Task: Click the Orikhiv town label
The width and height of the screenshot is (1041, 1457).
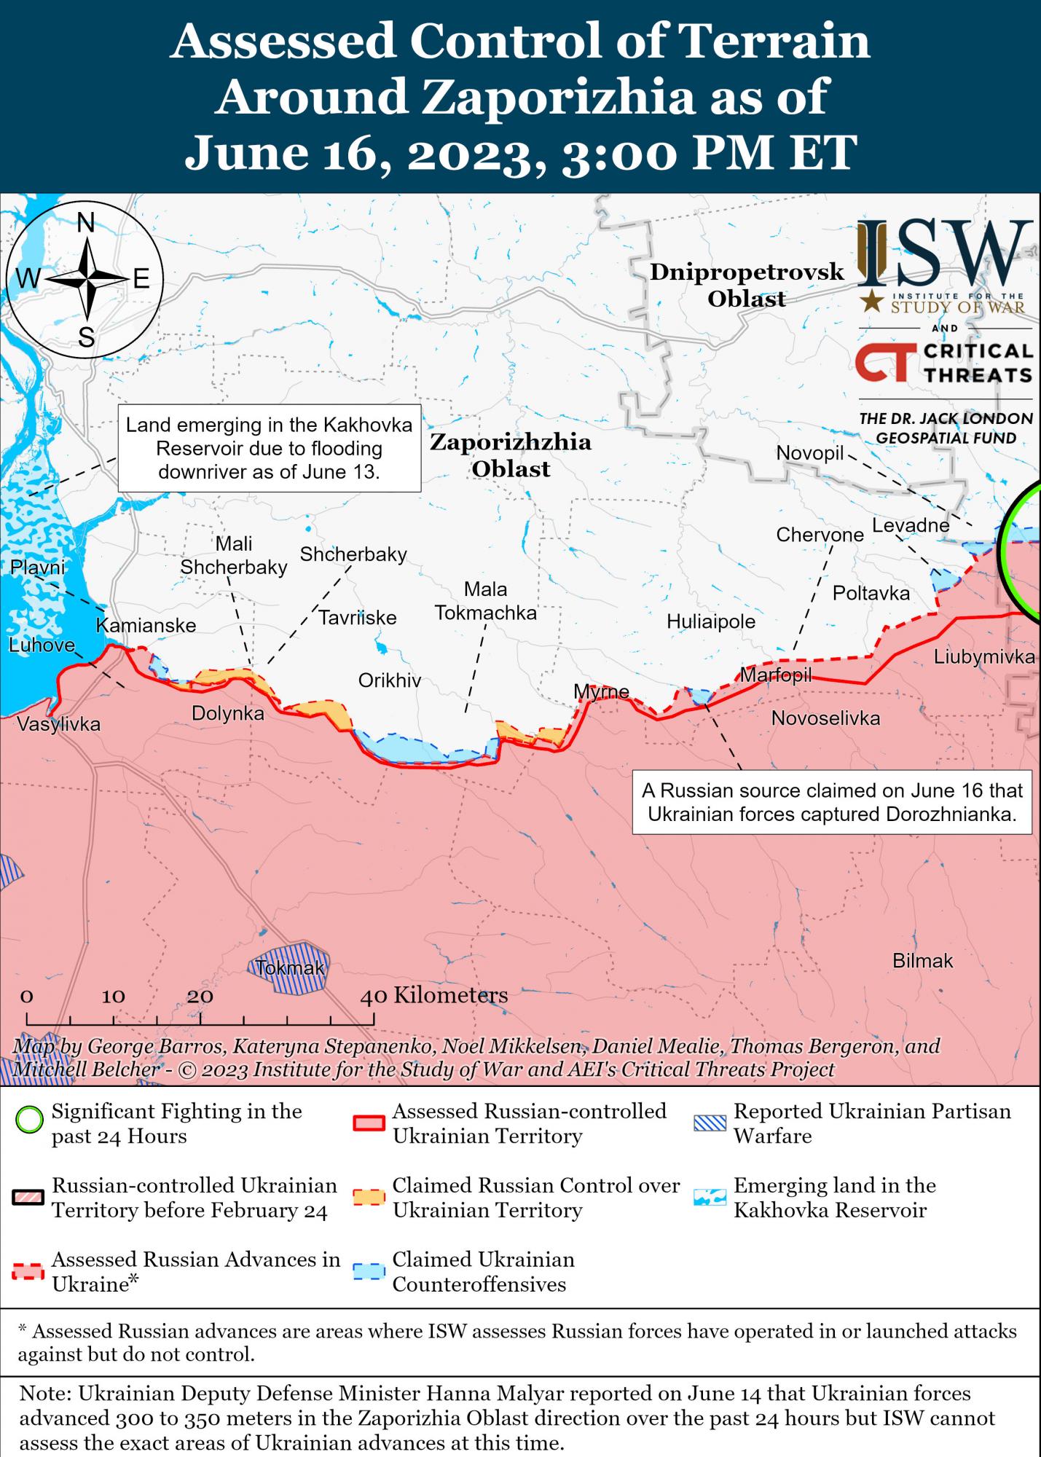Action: click(x=390, y=681)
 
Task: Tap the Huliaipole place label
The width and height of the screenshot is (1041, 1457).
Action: click(x=711, y=621)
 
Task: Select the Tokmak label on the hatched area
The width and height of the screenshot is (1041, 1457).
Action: click(x=290, y=969)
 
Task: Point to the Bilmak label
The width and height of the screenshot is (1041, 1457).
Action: click(x=922, y=961)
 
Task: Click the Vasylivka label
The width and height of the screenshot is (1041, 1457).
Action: click(x=58, y=724)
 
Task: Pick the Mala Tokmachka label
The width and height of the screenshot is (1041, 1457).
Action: click(x=486, y=601)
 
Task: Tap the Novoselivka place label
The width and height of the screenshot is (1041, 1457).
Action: click(x=825, y=718)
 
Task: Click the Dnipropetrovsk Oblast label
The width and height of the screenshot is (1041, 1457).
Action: click(x=747, y=285)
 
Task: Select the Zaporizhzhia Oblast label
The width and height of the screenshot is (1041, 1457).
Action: click(x=510, y=455)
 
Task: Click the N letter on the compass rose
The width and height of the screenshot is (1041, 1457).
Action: click(x=86, y=223)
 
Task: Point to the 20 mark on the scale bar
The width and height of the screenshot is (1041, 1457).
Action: click(x=200, y=996)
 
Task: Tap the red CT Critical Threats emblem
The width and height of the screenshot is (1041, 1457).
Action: click(x=882, y=364)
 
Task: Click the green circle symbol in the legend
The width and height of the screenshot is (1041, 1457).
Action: click(x=30, y=1122)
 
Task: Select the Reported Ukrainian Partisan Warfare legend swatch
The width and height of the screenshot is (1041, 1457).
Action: click(x=710, y=1122)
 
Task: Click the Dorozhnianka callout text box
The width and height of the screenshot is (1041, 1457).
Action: click(x=831, y=802)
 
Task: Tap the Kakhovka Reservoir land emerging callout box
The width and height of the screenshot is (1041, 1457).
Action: click(x=269, y=448)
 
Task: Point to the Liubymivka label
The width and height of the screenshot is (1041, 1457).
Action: click(x=983, y=657)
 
